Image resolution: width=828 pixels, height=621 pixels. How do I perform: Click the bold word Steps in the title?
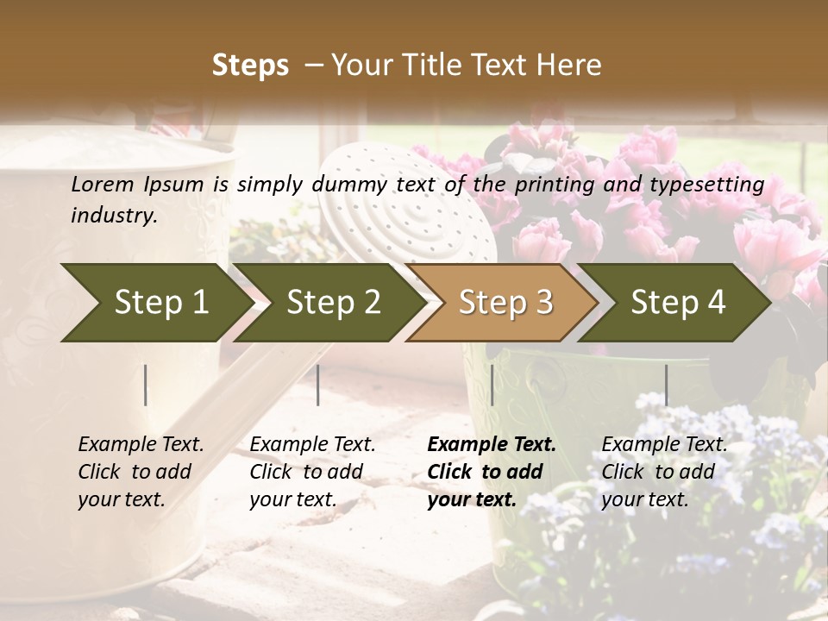(250, 66)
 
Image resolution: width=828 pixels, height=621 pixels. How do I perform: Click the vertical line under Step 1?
(146, 385)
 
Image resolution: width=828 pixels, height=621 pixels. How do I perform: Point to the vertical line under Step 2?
(318, 385)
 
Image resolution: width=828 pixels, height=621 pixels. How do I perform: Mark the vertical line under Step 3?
(492, 385)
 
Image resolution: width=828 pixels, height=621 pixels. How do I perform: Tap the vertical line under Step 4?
(666, 385)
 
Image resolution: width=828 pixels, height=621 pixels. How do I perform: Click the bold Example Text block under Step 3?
(492, 472)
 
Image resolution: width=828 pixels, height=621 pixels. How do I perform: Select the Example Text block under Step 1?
(141, 472)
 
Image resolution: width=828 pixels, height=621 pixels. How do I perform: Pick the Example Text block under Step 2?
(312, 472)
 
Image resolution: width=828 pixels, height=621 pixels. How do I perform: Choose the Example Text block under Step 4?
(664, 472)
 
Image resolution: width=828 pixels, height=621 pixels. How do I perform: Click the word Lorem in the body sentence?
(103, 185)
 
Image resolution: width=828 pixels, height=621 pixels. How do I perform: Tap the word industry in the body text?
(113, 216)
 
